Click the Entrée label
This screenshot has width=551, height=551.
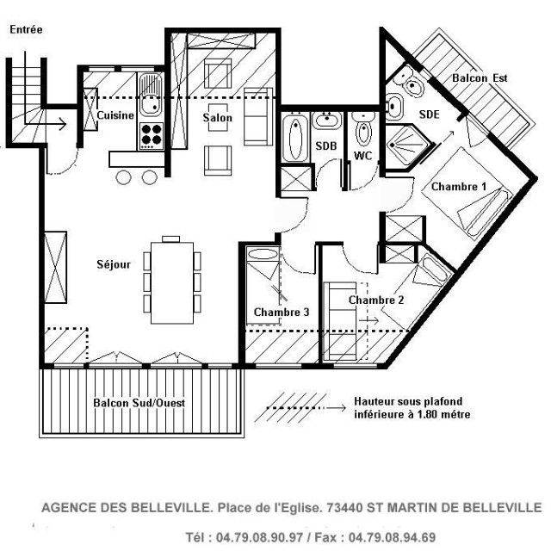(26, 29)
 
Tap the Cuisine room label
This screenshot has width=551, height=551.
(114, 115)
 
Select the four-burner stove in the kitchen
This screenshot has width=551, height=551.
(151, 134)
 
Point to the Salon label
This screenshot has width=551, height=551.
(217, 118)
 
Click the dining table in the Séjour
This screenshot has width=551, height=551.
(171, 281)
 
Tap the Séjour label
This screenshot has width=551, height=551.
(114, 264)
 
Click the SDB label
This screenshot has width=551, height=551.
(325, 146)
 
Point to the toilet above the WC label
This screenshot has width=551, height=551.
(363, 133)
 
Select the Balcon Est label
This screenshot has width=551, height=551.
(480, 77)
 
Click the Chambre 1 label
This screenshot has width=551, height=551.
(459, 187)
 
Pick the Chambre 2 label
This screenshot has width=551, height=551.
(376, 300)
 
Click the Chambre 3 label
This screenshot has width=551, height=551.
(282, 312)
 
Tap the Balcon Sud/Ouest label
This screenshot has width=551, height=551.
(139, 403)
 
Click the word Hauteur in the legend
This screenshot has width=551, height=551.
(375, 402)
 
